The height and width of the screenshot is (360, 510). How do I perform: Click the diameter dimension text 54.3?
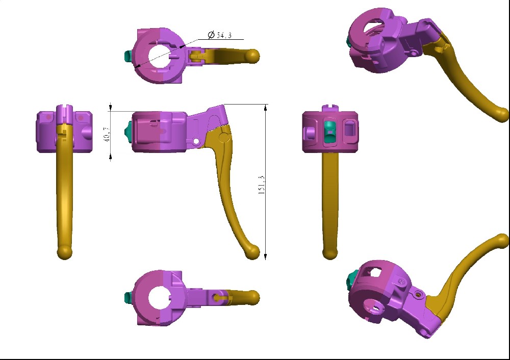pyautogui.click(x=225, y=35)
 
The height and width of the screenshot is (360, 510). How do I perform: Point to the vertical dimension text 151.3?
pyautogui.click(x=262, y=185)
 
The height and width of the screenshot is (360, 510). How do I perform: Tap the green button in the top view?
pyautogui.click(x=128, y=55)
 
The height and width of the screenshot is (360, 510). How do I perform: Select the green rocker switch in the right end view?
pyautogui.click(x=330, y=131)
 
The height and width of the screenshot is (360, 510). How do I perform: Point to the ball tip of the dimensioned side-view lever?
pyautogui.click(x=252, y=251)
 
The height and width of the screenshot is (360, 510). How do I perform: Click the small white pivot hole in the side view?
pyautogui.click(x=195, y=141)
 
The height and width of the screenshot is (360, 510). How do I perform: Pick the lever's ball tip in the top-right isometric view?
pyautogui.click(x=502, y=114)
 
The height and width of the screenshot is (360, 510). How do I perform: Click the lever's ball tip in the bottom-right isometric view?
pyautogui.click(x=502, y=241)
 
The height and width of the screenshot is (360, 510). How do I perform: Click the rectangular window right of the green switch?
pyautogui.click(x=349, y=127)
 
